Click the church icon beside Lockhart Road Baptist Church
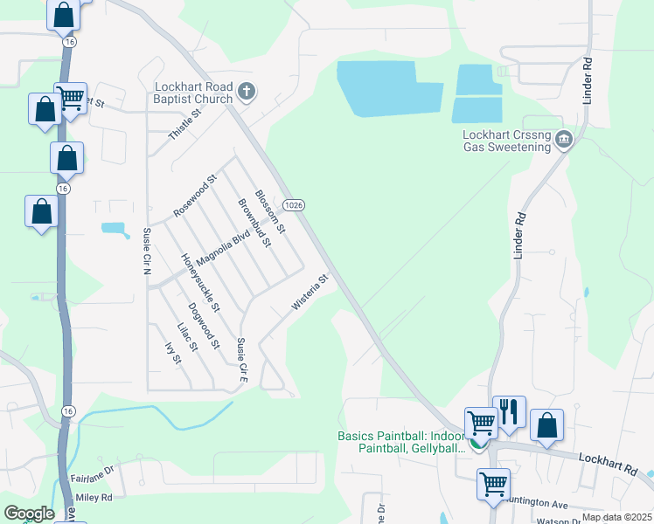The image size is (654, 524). [x=247, y=91]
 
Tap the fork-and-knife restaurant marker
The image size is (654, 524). [x=509, y=411]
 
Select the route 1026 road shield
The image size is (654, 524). [x=295, y=204]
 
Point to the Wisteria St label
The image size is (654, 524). [x=310, y=293]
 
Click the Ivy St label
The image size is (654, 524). [x=172, y=354]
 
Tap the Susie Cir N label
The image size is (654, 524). [x=147, y=251]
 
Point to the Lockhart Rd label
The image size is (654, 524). [x=607, y=462]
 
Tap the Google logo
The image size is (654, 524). [x=29, y=514]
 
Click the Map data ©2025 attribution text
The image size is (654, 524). [x=616, y=517]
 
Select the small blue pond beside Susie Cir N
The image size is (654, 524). [x=113, y=229]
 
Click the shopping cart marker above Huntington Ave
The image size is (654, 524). [x=494, y=482]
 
